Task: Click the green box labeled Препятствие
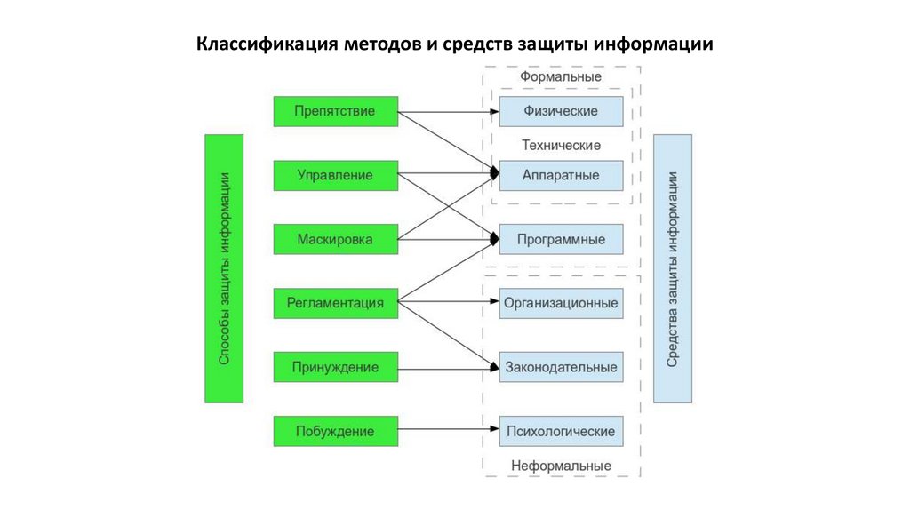pos(335,111)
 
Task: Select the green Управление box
pos(335,175)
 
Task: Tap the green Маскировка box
pos(335,239)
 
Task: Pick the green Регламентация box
pos(335,303)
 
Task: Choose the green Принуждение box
pos(335,367)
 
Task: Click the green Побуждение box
pos(335,431)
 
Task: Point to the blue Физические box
pos(561,111)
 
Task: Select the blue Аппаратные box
pos(561,175)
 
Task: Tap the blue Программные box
pos(561,239)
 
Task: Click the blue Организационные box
pos(561,303)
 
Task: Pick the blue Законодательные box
pos(561,367)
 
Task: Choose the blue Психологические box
pos(561,431)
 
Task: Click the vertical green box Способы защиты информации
pos(224,269)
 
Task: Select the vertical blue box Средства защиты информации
pos(673,269)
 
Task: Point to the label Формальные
pos(561,77)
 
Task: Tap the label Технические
pos(561,145)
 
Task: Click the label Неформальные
pos(561,466)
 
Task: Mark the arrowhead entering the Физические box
pos(494,112)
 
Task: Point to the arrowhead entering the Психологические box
pos(494,431)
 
